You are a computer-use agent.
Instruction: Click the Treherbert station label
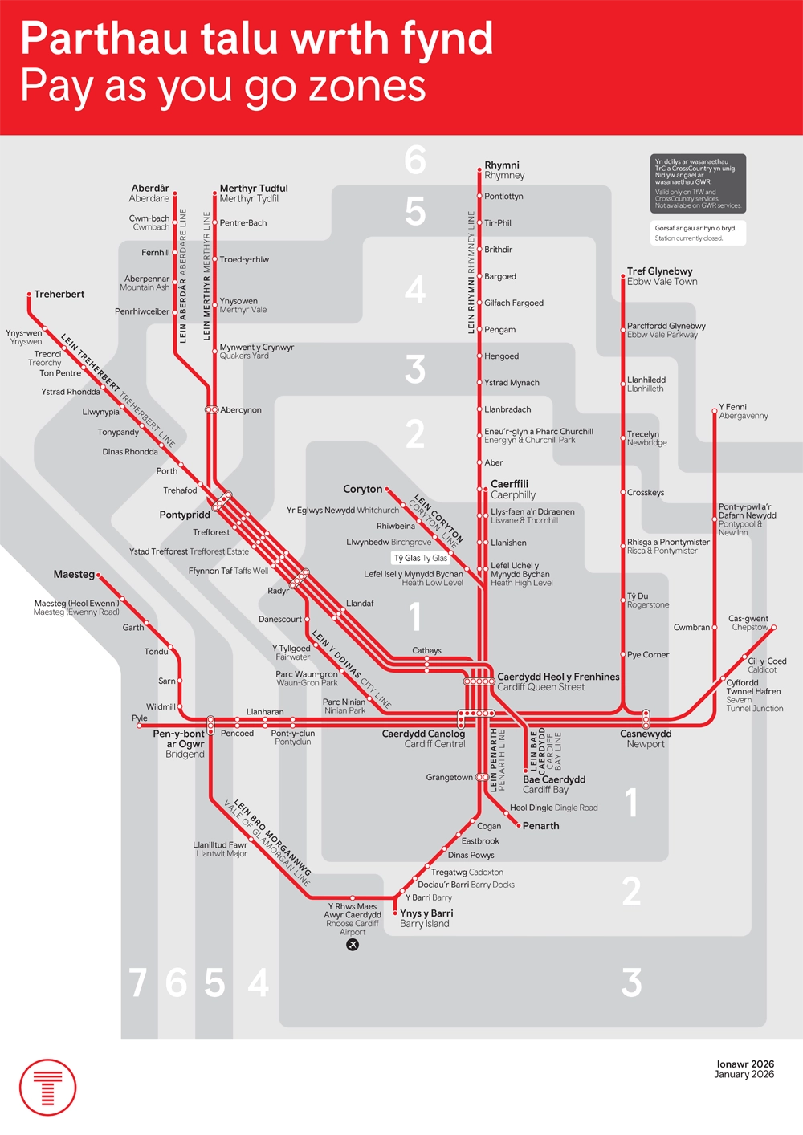[59, 295]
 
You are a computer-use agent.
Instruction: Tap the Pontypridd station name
[185, 515]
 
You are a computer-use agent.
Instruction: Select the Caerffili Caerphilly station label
[512, 490]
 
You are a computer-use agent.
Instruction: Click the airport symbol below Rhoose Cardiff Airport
[353, 945]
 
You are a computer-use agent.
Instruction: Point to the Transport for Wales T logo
[48, 1088]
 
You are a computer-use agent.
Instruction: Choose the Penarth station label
[540, 826]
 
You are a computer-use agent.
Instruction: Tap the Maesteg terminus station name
[74, 575]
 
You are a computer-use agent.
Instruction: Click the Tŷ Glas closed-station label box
[421, 558]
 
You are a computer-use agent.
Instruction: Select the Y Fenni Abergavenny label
[744, 412]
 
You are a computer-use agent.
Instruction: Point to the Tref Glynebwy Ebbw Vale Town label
[662, 276]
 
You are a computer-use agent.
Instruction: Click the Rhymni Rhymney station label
[503, 170]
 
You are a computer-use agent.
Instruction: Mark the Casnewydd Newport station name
[646, 738]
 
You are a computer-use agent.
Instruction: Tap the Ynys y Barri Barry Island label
[426, 918]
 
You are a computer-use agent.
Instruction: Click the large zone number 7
[138, 982]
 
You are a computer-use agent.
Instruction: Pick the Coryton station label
[362, 489]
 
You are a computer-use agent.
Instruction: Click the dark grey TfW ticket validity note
[698, 183]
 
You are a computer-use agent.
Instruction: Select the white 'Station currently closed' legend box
[698, 233]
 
